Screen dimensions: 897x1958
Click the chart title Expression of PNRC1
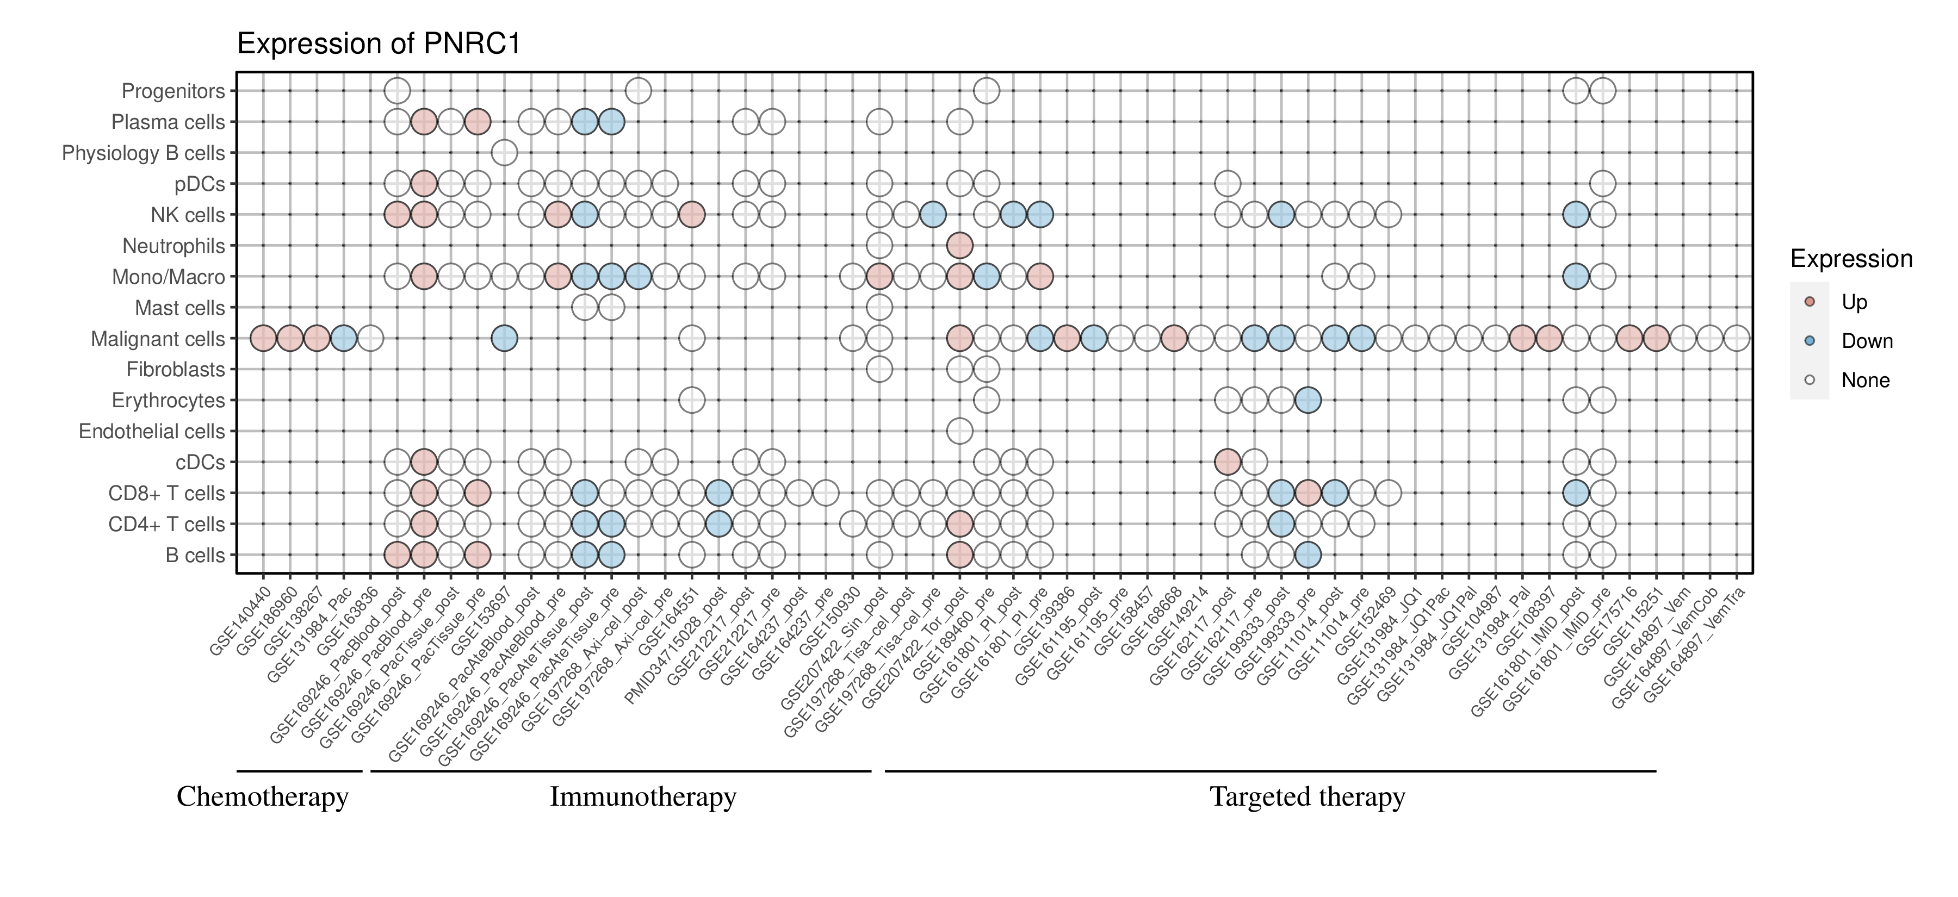(379, 44)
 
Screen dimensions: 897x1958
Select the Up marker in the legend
(1810, 302)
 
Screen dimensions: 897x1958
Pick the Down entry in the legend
(1866, 341)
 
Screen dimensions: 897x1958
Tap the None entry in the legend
(1864, 381)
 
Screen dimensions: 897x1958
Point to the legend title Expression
(1851, 259)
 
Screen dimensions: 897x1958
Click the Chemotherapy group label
(262, 797)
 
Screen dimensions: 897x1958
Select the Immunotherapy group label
(643, 797)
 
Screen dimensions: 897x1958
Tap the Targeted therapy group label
(1308, 797)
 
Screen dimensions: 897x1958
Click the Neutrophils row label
(174, 246)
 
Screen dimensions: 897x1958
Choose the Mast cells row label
(179, 308)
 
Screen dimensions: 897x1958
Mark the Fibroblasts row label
(176, 370)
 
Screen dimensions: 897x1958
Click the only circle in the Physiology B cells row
(504, 153)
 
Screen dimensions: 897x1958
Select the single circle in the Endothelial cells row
(959, 432)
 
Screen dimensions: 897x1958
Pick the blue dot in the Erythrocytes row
(1308, 400)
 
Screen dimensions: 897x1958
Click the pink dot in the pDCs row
(423, 184)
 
